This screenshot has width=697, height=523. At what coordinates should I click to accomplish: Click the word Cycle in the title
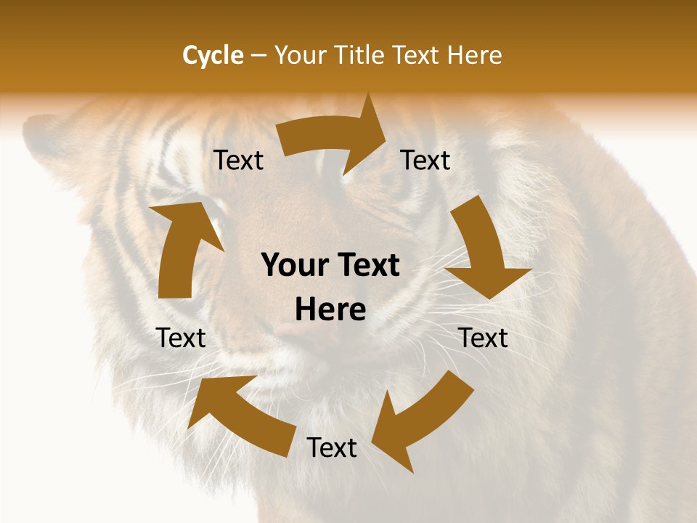point(213,55)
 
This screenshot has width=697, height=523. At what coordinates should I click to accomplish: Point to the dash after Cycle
point(258,56)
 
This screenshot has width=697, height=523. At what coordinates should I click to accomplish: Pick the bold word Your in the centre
point(294,266)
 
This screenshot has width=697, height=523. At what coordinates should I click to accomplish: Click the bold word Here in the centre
point(330,310)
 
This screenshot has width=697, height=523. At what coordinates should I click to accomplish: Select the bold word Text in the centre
point(367,266)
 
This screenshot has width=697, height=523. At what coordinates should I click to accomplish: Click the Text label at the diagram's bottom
point(332,448)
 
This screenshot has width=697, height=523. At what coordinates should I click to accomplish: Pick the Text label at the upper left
point(238,160)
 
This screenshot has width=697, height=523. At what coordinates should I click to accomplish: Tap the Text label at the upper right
point(425,160)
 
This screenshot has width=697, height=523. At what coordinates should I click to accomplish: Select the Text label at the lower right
point(483,338)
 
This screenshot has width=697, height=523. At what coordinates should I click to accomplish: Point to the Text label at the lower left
point(181,338)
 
